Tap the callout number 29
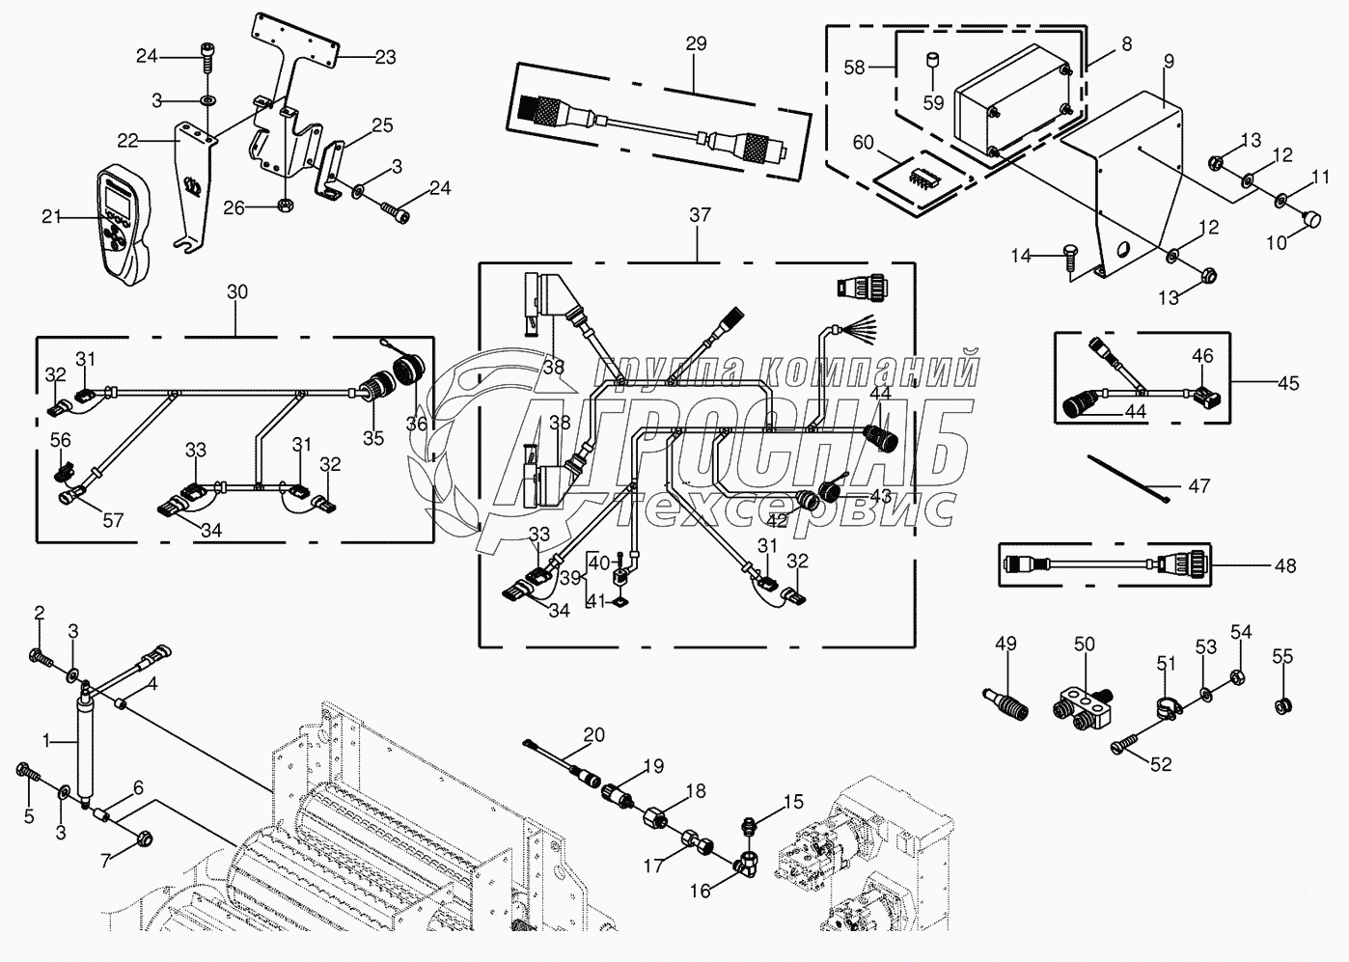[x=696, y=43]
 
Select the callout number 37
[x=700, y=215]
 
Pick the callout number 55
[x=1281, y=658]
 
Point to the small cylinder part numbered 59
[x=933, y=63]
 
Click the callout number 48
[x=1284, y=565]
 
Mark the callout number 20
[x=594, y=735]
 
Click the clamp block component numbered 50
[x=1081, y=702]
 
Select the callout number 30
[x=236, y=291]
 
